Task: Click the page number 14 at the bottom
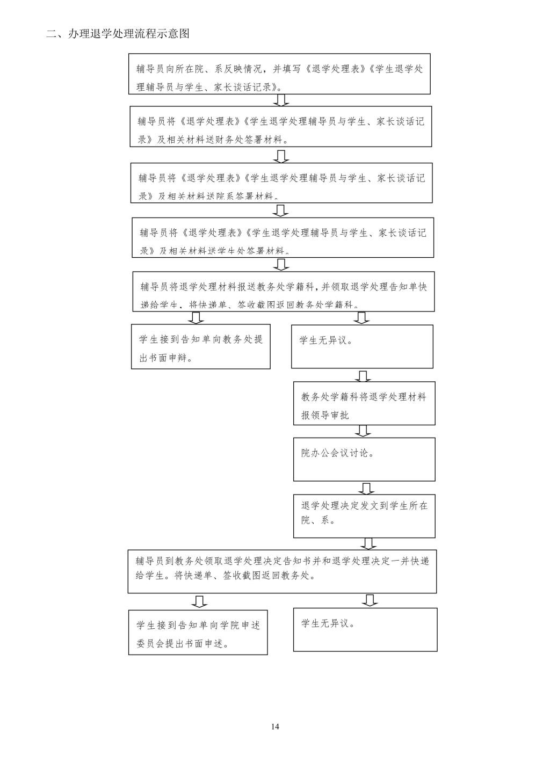pos(275,727)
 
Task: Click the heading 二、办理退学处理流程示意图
pos(118,34)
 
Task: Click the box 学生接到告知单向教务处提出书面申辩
pos(200,346)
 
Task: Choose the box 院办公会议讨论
pos(364,459)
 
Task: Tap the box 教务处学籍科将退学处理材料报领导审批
pos(364,403)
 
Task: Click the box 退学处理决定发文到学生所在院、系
pos(364,515)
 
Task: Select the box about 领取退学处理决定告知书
pos(282,571)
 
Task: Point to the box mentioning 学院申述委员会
pos(198,632)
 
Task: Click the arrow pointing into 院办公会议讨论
pos(363,431)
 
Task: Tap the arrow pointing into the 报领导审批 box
pos(363,375)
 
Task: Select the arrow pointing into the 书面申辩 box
pos(197,318)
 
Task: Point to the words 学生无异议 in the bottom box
pos(327,624)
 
